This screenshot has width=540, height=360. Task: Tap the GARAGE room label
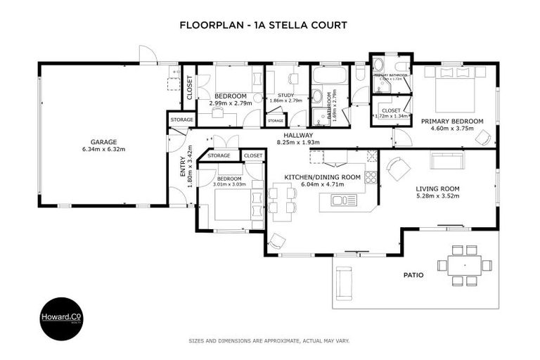(103, 141)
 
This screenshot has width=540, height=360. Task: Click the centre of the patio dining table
(464, 265)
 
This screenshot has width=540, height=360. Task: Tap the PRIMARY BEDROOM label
(452, 122)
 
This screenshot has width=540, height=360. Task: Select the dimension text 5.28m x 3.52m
(437, 196)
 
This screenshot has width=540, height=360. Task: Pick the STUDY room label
(285, 95)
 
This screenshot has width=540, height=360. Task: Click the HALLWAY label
(298, 134)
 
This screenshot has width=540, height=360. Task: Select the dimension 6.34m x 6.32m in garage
(103, 149)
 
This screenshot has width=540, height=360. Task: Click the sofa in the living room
(443, 161)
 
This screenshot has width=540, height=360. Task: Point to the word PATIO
(413, 275)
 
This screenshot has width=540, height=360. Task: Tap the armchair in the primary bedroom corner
(483, 138)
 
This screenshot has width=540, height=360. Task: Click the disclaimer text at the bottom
(269, 340)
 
